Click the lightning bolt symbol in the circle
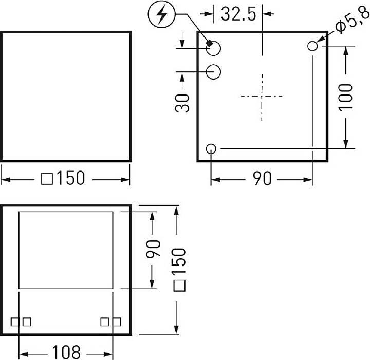click(162, 16)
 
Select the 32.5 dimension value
click(238, 14)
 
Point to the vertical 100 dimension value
click(346, 97)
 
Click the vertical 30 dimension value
click(183, 103)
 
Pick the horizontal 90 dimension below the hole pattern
click(262, 179)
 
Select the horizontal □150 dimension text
click(65, 179)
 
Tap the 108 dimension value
click(66, 353)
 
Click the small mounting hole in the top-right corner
click(312, 46)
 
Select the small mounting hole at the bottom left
click(211, 149)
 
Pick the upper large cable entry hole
click(214, 48)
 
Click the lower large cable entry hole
click(214, 71)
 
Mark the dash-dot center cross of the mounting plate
click(262, 96)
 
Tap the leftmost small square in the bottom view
click(15, 321)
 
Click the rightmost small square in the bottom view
click(117, 321)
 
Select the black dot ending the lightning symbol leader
click(210, 43)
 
